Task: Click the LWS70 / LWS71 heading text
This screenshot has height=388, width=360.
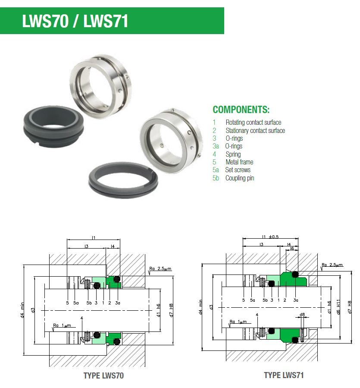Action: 75,21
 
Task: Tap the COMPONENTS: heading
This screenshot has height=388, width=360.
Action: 241,110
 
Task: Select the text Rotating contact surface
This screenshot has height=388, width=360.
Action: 254,123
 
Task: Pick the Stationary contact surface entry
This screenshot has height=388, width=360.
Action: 255,130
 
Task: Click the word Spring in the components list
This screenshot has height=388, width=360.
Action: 233,155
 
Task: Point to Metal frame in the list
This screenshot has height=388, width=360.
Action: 239,162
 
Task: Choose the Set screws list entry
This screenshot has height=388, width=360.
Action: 238,170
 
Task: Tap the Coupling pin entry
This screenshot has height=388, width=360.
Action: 240,178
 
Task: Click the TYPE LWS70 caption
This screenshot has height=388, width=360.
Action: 103,375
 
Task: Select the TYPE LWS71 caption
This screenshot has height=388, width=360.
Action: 284,375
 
